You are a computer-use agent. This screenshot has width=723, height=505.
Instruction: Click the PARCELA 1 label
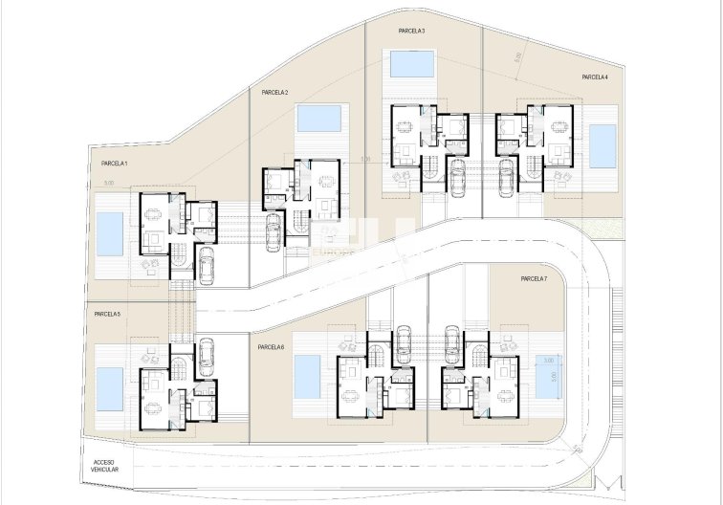click(x=115, y=164)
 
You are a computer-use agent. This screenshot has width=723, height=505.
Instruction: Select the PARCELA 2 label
click(x=274, y=93)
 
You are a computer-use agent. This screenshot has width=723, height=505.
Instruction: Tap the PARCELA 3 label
click(x=411, y=32)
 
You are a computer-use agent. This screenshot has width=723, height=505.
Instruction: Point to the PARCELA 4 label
click(x=594, y=77)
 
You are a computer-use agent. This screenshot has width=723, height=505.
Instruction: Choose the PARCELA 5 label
click(x=107, y=314)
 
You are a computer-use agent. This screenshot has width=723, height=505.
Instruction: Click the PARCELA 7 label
click(x=534, y=278)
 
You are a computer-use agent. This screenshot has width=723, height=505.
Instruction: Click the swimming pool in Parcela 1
click(x=110, y=235)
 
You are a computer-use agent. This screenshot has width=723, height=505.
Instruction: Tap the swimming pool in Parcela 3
click(x=410, y=65)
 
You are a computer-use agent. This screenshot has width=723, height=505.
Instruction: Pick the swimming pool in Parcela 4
click(x=602, y=145)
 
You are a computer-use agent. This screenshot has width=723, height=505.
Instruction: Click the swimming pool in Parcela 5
click(x=110, y=386)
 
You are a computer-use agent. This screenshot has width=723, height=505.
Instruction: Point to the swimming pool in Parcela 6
click(x=307, y=378)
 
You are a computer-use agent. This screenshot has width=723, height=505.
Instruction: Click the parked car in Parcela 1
click(x=206, y=266)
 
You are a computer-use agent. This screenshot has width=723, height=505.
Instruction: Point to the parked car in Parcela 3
click(x=457, y=175)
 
